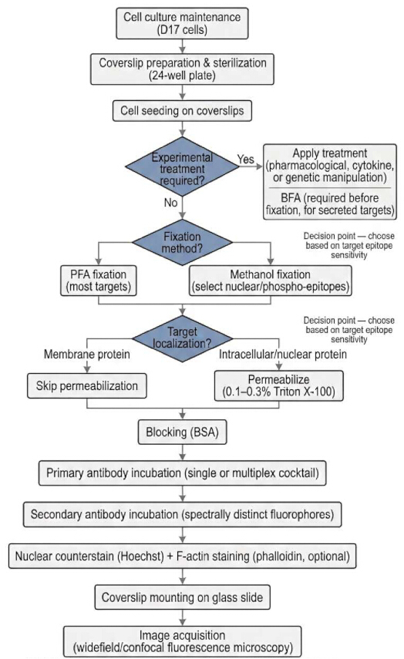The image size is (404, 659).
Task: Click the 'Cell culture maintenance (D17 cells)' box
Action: point(182,24)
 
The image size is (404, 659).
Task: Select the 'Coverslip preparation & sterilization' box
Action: point(182,69)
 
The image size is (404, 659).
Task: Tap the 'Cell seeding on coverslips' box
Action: point(182,111)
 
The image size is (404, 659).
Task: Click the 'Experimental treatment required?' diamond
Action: point(182,166)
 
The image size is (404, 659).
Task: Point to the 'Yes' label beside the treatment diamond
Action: point(245,160)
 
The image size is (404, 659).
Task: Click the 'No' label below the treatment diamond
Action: point(170,203)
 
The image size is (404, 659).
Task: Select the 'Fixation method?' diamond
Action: point(182,242)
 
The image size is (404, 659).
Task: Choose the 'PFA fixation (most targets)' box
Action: point(99,281)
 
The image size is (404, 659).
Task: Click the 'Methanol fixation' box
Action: point(271,281)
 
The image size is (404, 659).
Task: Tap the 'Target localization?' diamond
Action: point(182,338)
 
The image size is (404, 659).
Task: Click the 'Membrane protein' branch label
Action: point(87,355)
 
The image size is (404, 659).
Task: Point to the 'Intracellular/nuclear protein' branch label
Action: point(283,355)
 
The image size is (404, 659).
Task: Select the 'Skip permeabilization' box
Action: point(87,386)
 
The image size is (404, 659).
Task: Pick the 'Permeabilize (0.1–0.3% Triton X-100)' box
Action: point(279,385)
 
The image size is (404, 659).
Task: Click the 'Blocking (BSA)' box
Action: point(182,432)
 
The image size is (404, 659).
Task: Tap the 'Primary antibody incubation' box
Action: point(182,473)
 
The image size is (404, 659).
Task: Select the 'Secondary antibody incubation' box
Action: point(182,514)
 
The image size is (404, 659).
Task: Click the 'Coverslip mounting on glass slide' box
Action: point(182,597)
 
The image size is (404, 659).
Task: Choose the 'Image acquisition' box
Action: point(182,641)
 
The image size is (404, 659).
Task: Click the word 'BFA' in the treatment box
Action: point(291,198)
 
